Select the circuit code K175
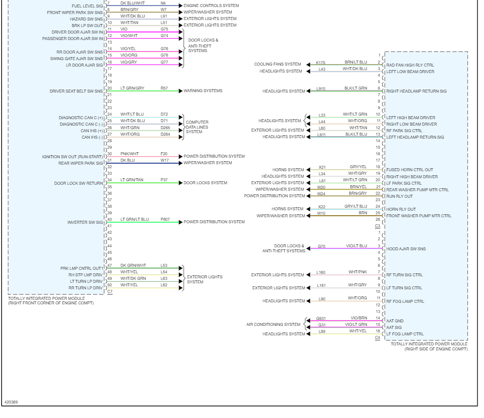point(321,63)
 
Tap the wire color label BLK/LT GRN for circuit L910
point(355,89)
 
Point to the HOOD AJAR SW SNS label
point(406,249)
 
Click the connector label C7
point(110,291)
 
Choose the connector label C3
point(378,226)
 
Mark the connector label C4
point(378,337)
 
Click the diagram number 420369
point(11,402)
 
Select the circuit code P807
point(165,219)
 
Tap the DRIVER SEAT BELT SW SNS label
point(76,91)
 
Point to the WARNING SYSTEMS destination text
point(203,91)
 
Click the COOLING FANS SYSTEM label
point(278,65)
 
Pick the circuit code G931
point(321,318)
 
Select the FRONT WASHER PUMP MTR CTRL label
point(418,216)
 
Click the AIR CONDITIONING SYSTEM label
point(273,324)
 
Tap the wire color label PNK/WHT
point(130,154)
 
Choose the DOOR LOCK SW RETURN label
point(79,183)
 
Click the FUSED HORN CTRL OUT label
point(409,170)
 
